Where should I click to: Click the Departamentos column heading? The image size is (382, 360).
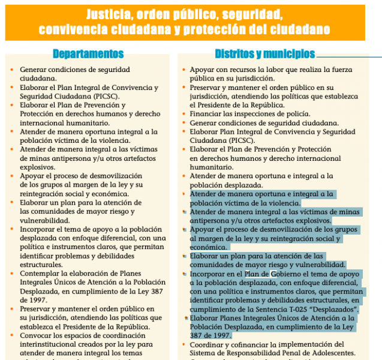coord(88,54)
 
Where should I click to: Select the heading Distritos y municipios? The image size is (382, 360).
coord(264,54)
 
